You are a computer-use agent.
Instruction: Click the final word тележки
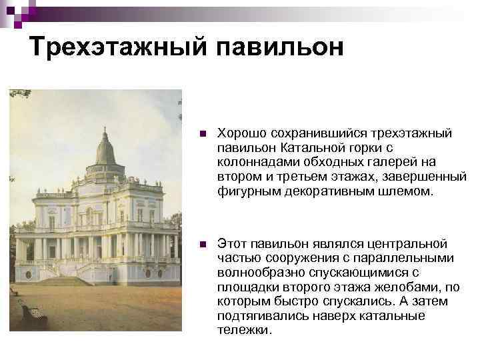pyautogui.click(x=243, y=331)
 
